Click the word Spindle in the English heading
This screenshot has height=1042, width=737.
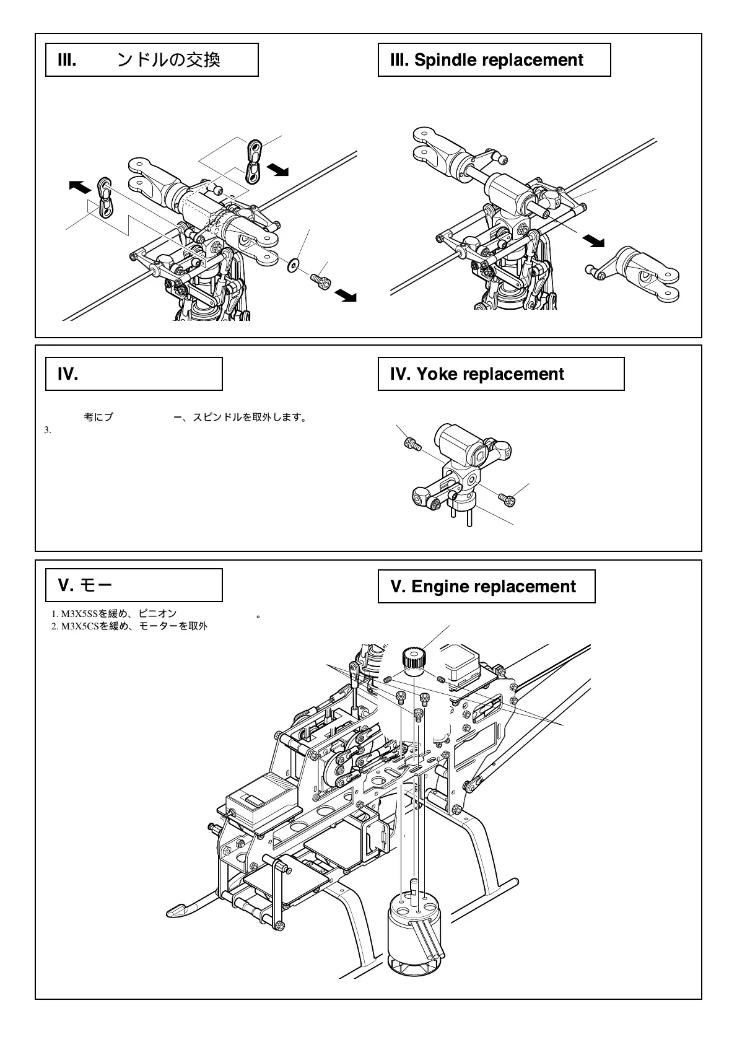(445, 60)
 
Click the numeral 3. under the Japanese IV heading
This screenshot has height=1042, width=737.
(48, 430)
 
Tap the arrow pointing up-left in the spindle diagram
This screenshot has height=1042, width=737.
(79, 186)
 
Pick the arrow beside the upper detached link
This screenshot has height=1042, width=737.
(277, 169)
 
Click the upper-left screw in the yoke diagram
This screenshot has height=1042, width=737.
(412, 444)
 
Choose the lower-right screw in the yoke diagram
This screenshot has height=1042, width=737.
(504, 496)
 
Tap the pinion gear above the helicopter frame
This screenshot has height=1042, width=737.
(412, 659)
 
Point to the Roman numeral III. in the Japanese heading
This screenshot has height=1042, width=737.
(66, 60)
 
